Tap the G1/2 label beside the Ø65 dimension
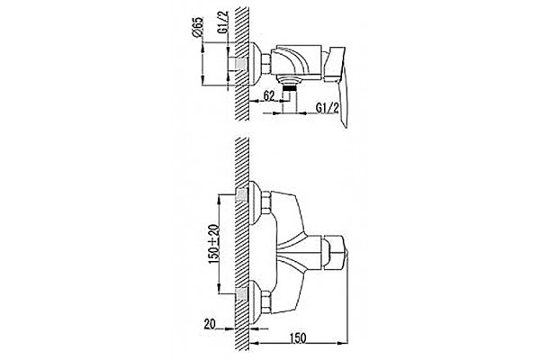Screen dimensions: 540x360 click(x=223, y=22)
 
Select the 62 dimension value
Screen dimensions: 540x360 click(x=269, y=95)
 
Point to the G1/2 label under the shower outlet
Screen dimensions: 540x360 click(x=328, y=108)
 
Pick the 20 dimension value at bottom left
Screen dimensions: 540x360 click(x=210, y=324)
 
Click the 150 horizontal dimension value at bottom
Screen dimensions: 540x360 click(x=298, y=338)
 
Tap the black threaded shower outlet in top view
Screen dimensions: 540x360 click(x=290, y=88)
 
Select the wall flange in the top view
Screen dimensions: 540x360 click(x=255, y=64)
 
